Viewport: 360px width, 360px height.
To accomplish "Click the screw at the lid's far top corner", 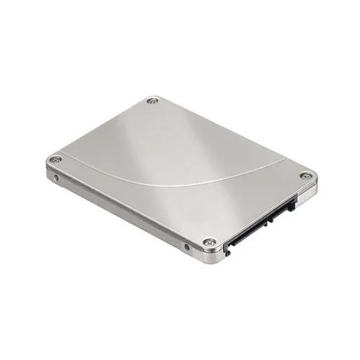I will [152, 101].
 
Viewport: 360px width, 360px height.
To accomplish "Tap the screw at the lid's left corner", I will [55, 159].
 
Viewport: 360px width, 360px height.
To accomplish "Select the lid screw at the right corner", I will [307, 176].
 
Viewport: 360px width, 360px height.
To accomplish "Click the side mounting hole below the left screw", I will [56, 176].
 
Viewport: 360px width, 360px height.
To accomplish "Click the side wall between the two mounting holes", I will [122, 214].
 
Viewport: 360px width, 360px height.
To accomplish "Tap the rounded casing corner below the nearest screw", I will [210, 256].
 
